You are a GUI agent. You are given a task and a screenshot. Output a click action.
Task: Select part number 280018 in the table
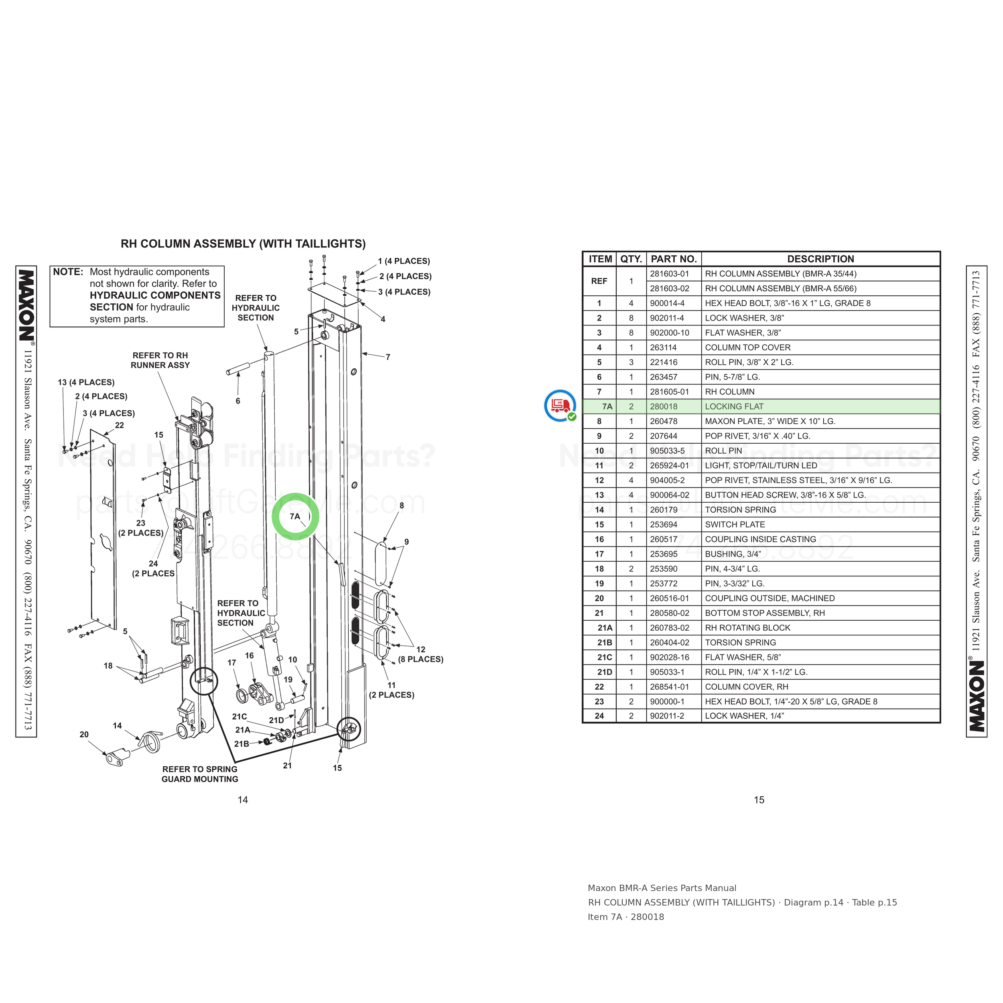pos(664,406)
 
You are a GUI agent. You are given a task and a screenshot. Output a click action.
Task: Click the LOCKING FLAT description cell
pos(734,406)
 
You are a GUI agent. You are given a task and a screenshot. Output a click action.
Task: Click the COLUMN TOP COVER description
pos(747,347)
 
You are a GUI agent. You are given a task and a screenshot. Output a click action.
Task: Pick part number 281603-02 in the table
pos(670,288)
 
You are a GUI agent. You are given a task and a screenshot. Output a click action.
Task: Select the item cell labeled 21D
pos(605,672)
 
